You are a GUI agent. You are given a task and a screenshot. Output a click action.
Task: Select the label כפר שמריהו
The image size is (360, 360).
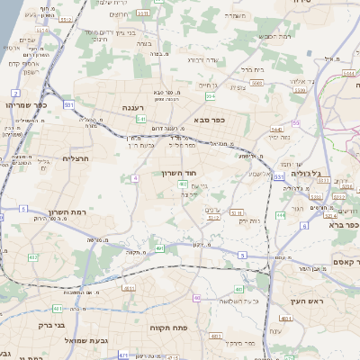22,105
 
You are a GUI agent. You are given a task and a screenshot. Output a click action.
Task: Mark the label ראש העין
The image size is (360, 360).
310,301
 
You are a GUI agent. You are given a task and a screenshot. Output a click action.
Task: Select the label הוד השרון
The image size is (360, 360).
178,173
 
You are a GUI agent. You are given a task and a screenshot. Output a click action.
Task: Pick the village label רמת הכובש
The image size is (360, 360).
274,35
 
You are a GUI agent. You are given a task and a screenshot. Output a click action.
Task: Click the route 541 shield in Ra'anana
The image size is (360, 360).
141,118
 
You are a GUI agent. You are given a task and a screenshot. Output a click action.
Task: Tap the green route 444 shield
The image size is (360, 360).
281,216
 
